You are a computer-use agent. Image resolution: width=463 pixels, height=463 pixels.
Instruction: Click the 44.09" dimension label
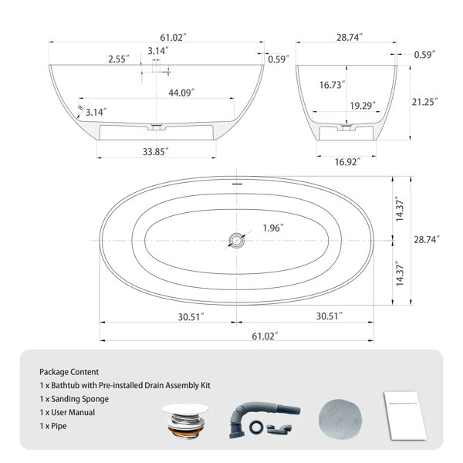coord(181,93)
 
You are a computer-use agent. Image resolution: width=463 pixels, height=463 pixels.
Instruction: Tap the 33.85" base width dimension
coord(156,152)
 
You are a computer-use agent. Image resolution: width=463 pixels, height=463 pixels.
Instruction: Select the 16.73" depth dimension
coord(332,85)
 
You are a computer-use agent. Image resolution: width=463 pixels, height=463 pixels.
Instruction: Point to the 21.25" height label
coord(425,102)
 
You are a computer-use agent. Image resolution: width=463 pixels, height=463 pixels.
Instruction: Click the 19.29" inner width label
coord(363,106)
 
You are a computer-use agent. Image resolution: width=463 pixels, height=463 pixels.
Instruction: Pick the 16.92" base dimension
coord(348,162)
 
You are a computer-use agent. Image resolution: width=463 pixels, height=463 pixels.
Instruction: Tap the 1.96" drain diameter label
coord(273,228)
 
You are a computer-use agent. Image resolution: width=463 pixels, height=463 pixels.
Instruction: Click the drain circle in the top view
coord(237,241)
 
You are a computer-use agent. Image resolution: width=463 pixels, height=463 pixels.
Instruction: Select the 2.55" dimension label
coord(119,59)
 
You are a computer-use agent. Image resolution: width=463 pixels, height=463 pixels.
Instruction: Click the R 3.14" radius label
coord(93,110)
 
